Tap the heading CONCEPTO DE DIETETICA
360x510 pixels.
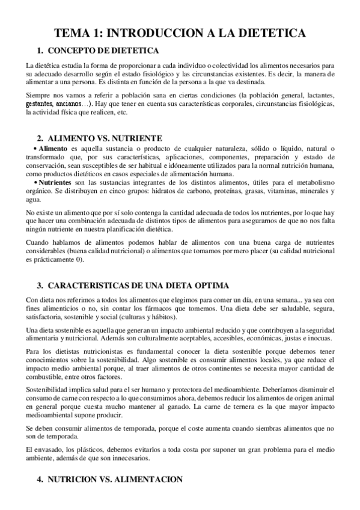pos(103,50)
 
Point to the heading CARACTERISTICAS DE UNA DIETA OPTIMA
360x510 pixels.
pos(137,284)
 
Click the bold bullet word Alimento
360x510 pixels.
pos(53,149)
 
